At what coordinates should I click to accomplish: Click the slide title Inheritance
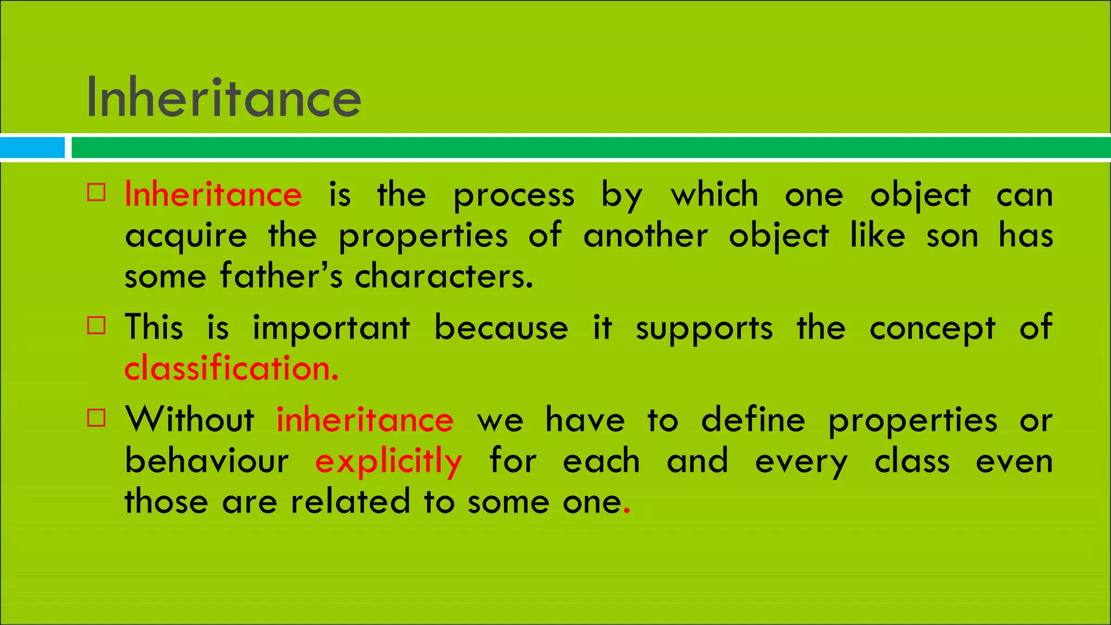[x=224, y=98]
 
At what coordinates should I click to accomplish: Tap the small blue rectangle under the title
[x=32, y=148]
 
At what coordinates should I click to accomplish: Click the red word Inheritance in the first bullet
[x=213, y=194]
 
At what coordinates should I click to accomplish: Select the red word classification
[x=232, y=368]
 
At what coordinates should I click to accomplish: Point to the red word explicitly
[x=388, y=461]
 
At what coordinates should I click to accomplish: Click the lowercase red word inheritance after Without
[x=365, y=420]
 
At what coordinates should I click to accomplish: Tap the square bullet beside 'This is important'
[x=97, y=326]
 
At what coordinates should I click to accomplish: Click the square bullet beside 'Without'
[x=97, y=418]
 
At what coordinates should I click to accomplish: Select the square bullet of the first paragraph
[x=97, y=193]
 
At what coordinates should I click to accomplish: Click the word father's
[x=281, y=276]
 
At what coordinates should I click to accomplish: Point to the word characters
[x=444, y=276]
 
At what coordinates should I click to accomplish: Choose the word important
[x=331, y=328]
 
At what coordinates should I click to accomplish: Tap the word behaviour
[x=207, y=461]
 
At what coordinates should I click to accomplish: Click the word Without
[x=189, y=420]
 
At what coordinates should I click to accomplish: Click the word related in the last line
[x=350, y=501]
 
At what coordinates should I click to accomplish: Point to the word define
[x=753, y=420]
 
